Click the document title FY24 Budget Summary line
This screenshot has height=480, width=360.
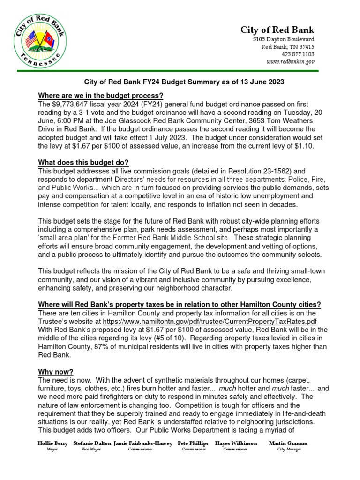coord(184,82)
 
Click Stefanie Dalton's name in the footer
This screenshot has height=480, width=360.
coord(92,443)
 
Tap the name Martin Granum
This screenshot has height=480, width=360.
coord(288,443)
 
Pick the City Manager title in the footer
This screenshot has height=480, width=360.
coord(288,449)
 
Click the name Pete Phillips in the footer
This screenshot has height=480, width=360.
coord(194,443)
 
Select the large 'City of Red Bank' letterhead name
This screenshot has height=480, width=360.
coord(277,30)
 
